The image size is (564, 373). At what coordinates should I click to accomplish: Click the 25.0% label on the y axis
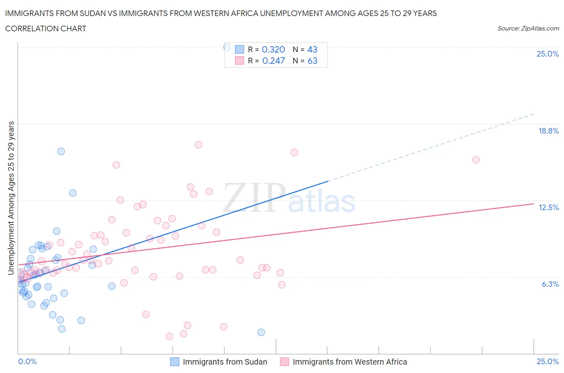pos(548,54)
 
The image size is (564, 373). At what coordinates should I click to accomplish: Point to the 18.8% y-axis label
pos(548,131)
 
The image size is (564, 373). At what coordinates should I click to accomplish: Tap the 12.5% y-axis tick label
pos(548,207)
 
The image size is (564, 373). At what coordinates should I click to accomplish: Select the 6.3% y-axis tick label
pos(550,284)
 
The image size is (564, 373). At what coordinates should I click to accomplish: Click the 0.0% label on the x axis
pos(27,361)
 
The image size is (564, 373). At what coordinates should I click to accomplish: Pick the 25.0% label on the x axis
pos(548,361)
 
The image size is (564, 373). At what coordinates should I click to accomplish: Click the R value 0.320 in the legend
pos(273,49)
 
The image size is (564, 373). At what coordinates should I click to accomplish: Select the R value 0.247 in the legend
pos(273,61)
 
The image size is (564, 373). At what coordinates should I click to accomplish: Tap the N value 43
pos(312,49)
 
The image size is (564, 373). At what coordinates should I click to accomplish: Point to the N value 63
pos(312,61)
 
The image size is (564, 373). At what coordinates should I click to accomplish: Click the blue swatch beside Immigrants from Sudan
pos(174,362)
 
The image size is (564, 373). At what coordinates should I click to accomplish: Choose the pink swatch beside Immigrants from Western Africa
pos(284,362)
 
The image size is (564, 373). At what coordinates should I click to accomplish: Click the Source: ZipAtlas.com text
pos(528,28)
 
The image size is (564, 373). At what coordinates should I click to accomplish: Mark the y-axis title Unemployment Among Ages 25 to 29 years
pos(11,198)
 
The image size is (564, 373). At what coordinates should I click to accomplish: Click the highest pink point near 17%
pos(198,145)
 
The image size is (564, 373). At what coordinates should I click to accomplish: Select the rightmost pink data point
pos(476,160)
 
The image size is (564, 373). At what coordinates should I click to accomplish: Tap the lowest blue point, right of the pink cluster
pos(261,332)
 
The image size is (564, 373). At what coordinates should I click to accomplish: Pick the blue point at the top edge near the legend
pos(227,47)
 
